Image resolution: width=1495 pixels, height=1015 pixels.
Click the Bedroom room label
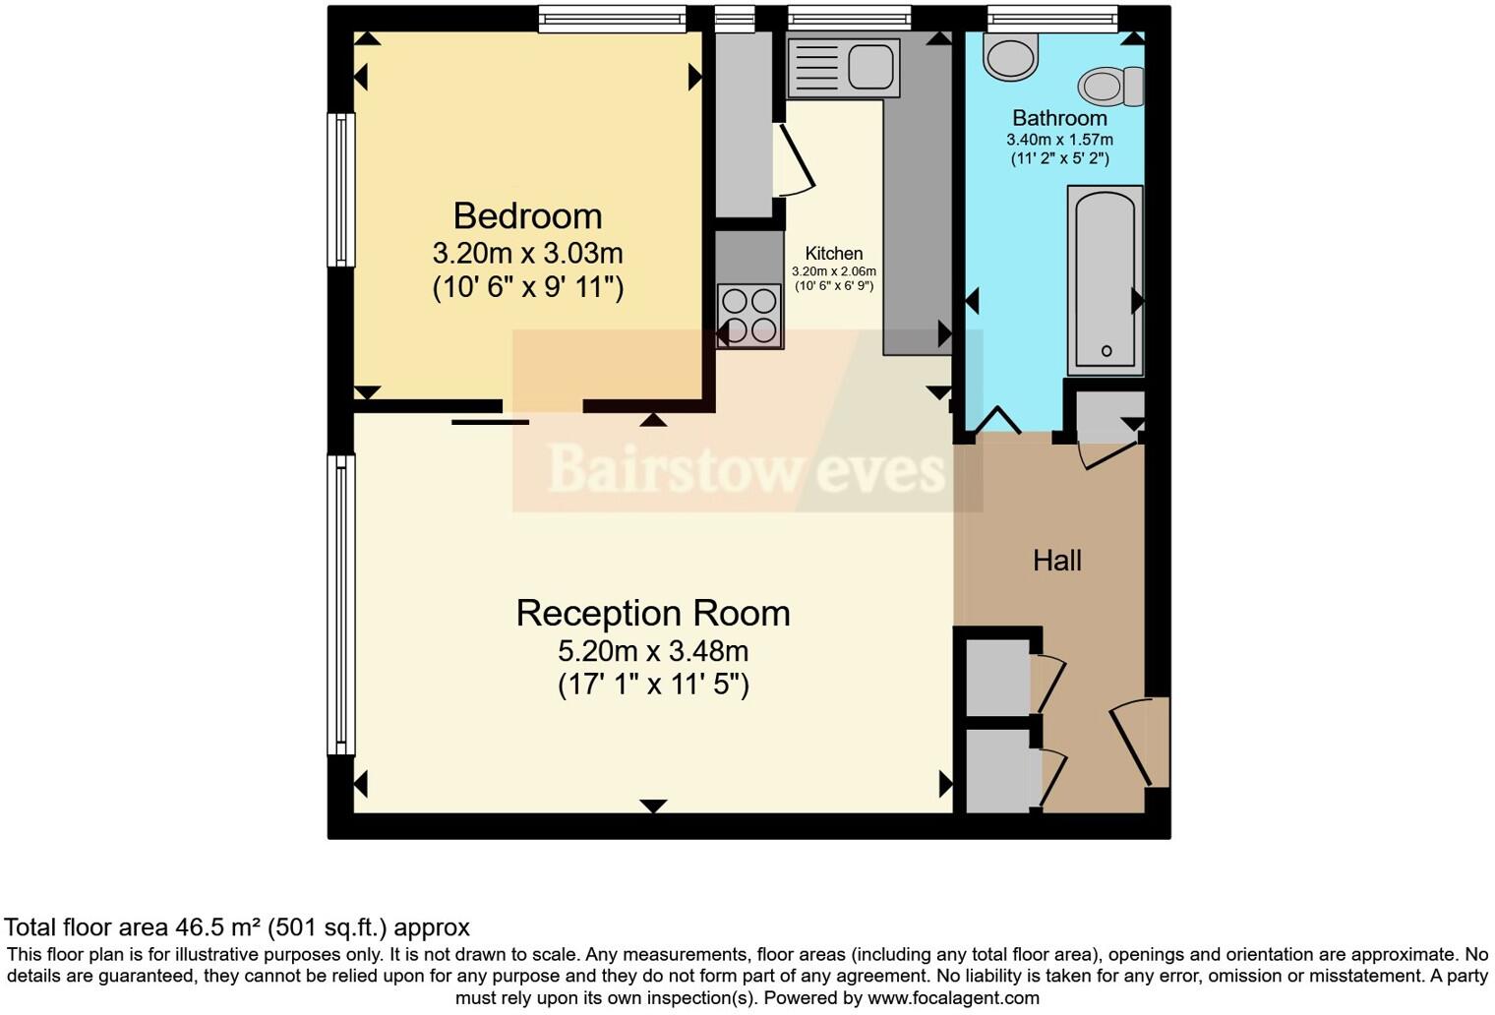point(527,216)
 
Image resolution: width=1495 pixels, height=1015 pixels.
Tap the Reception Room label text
point(653,613)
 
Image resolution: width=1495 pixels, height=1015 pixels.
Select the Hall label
point(1057,561)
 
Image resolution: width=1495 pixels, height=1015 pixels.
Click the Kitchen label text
point(833,254)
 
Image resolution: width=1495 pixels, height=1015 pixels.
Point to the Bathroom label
point(1059,118)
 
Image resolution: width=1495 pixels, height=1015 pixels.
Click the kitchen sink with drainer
point(843,68)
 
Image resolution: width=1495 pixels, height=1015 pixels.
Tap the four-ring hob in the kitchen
point(749,315)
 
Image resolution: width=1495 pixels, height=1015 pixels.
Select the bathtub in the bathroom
point(1105,279)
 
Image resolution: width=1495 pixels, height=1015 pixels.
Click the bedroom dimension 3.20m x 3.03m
point(527,254)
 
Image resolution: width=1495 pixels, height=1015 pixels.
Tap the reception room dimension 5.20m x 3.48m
point(653,651)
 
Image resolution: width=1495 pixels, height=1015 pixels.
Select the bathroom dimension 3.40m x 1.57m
point(1059,140)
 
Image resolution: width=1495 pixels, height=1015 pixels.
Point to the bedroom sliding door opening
point(543,406)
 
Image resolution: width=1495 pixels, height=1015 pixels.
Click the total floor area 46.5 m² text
point(237,927)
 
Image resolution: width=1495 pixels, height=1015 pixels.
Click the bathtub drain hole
point(1106,351)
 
